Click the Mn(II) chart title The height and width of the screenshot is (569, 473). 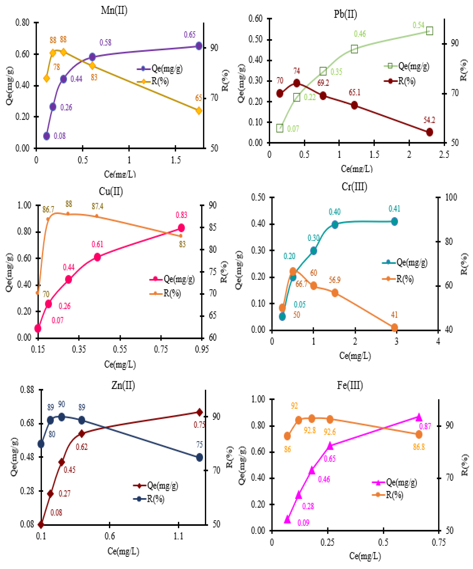pyautogui.click(x=114, y=10)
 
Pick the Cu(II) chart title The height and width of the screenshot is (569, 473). pyautogui.click(x=111, y=191)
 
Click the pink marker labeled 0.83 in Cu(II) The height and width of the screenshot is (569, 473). pyautogui.click(x=181, y=228)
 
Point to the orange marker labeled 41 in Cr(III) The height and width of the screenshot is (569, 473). pyautogui.click(x=394, y=328)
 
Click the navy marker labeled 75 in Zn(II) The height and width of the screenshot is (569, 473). pyautogui.click(x=199, y=457)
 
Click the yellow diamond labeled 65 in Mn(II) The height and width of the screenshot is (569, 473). pyautogui.click(x=198, y=111)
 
